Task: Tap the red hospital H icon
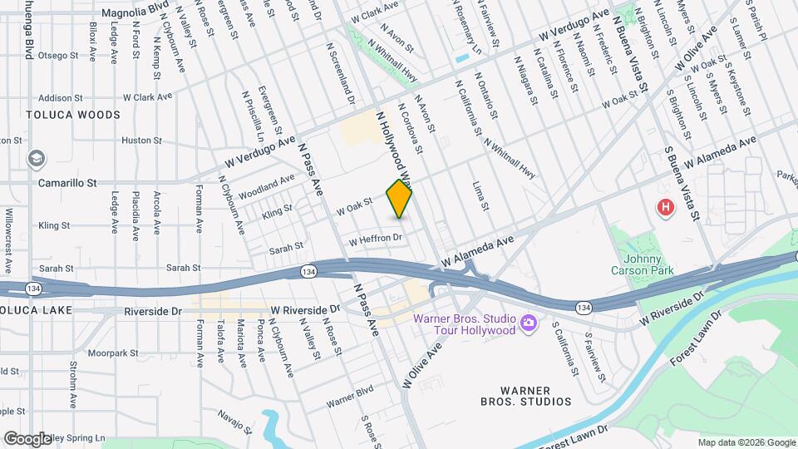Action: pyautogui.click(x=665, y=208)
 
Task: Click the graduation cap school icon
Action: pyautogui.click(x=36, y=158)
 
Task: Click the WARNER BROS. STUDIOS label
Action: pyautogui.click(x=537, y=396)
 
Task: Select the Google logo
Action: pyautogui.click(x=27, y=438)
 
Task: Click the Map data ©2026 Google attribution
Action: pyautogui.click(x=746, y=442)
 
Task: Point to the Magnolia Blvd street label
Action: pyautogui.click(x=134, y=13)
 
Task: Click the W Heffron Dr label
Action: pyautogui.click(x=375, y=239)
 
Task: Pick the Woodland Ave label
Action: pyautogui.click(x=266, y=186)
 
